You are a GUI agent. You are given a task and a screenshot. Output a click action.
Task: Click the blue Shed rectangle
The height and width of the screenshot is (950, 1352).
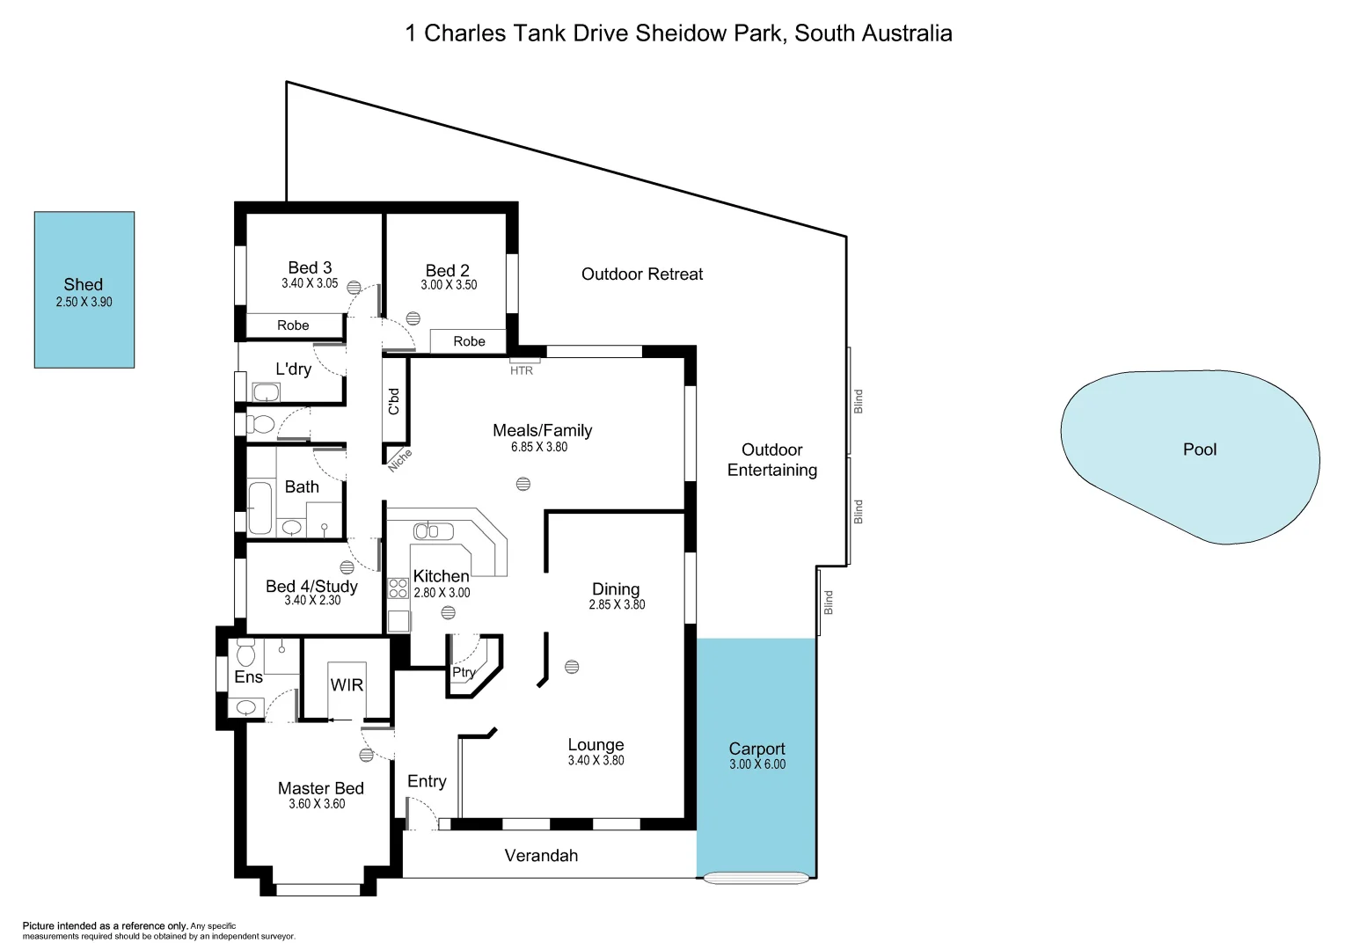tap(84, 334)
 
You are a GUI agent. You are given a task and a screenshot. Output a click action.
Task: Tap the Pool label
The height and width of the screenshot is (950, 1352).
tap(1199, 449)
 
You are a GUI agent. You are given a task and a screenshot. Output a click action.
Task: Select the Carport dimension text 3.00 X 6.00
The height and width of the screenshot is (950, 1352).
tap(756, 764)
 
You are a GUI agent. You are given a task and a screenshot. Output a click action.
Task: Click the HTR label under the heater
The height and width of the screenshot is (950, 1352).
tap(522, 370)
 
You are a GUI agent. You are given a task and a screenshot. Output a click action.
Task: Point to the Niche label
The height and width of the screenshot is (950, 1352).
tap(399, 459)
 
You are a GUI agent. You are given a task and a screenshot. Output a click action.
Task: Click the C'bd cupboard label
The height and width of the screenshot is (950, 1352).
tap(394, 401)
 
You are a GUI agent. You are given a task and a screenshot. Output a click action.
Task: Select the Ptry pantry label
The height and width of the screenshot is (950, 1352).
tap(464, 672)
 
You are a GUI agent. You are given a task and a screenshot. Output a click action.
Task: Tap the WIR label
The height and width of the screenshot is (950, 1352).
tap(347, 684)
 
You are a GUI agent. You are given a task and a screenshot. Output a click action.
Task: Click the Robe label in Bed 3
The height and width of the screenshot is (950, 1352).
tap(293, 325)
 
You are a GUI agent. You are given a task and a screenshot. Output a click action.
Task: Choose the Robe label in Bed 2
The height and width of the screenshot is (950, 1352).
tap(469, 341)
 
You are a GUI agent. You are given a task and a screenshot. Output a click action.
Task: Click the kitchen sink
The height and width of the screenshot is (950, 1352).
tap(433, 531)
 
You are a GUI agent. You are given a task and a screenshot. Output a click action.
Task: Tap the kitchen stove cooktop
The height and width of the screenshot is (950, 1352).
tap(398, 588)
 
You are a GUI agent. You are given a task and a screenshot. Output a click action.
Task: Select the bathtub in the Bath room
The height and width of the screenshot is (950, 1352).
tap(259, 508)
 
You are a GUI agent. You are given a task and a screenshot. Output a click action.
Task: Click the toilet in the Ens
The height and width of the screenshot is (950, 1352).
tap(245, 654)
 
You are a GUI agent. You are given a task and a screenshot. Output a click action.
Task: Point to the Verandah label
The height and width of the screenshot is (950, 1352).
tap(541, 855)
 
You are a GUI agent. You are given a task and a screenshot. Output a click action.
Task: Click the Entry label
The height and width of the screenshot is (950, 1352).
tap(427, 781)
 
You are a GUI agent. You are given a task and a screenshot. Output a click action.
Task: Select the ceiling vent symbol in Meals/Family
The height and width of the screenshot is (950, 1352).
tap(523, 484)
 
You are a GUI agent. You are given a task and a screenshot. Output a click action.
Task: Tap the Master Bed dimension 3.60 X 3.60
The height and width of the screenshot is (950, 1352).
tap(317, 804)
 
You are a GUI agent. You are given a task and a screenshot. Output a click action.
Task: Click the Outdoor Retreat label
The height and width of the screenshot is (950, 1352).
tap(642, 274)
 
